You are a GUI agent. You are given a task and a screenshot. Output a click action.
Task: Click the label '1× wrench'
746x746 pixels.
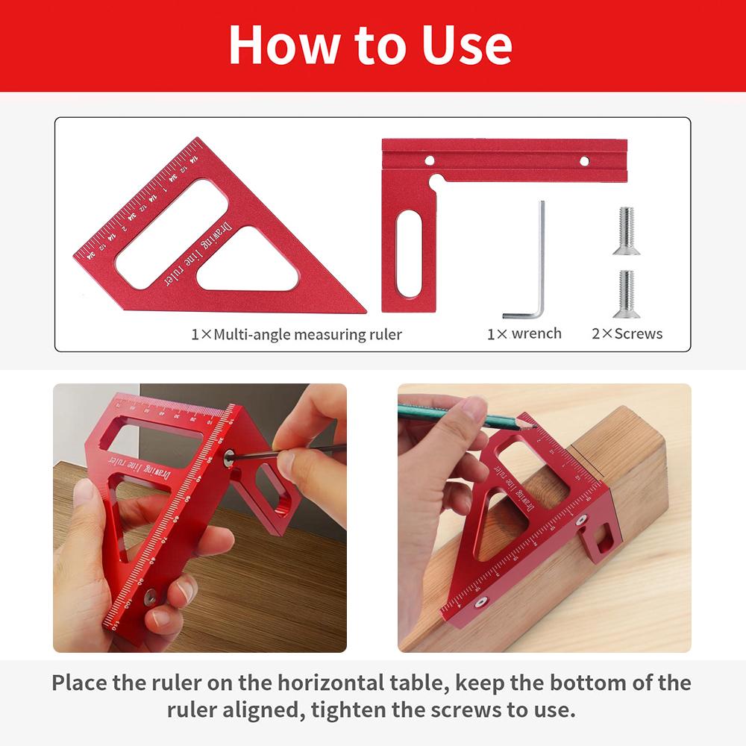(x=524, y=333)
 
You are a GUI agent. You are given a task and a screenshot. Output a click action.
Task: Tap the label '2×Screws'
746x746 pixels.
(x=627, y=333)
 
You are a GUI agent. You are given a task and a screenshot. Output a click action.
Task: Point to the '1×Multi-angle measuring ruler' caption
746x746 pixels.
(x=296, y=334)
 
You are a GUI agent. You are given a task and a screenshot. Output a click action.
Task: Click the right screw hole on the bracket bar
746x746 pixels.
(x=584, y=160)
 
